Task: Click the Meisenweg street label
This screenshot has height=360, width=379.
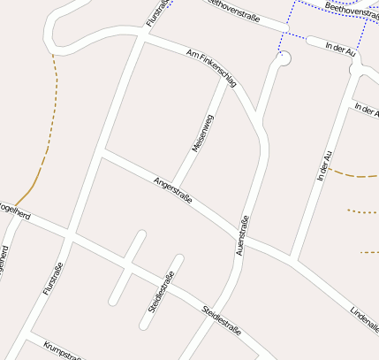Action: [203, 134]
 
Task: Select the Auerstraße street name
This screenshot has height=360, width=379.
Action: [241, 236]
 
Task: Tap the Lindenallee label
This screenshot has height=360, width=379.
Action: [364, 321]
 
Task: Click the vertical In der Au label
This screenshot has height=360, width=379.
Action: [324, 165]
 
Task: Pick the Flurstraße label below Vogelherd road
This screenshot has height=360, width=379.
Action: [53, 278]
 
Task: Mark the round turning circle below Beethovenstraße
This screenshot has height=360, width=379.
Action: [284, 58]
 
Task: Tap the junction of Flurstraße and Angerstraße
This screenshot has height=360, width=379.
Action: [103, 155]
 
